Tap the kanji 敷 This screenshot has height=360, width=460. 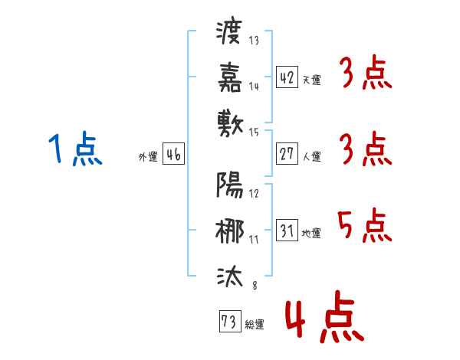pyautogui.click(x=229, y=123)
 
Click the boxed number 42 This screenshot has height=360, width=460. pyautogui.click(x=287, y=77)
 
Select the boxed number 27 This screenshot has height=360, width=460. pyautogui.click(x=287, y=154)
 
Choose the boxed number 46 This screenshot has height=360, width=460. pyautogui.click(x=173, y=155)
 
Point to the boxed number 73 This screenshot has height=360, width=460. pyautogui.click(x=228, y=322)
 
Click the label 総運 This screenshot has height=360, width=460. pyautogui.click(x=255, y=325)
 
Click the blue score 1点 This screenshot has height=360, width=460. pyautogui.click(x=74, y=149)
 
